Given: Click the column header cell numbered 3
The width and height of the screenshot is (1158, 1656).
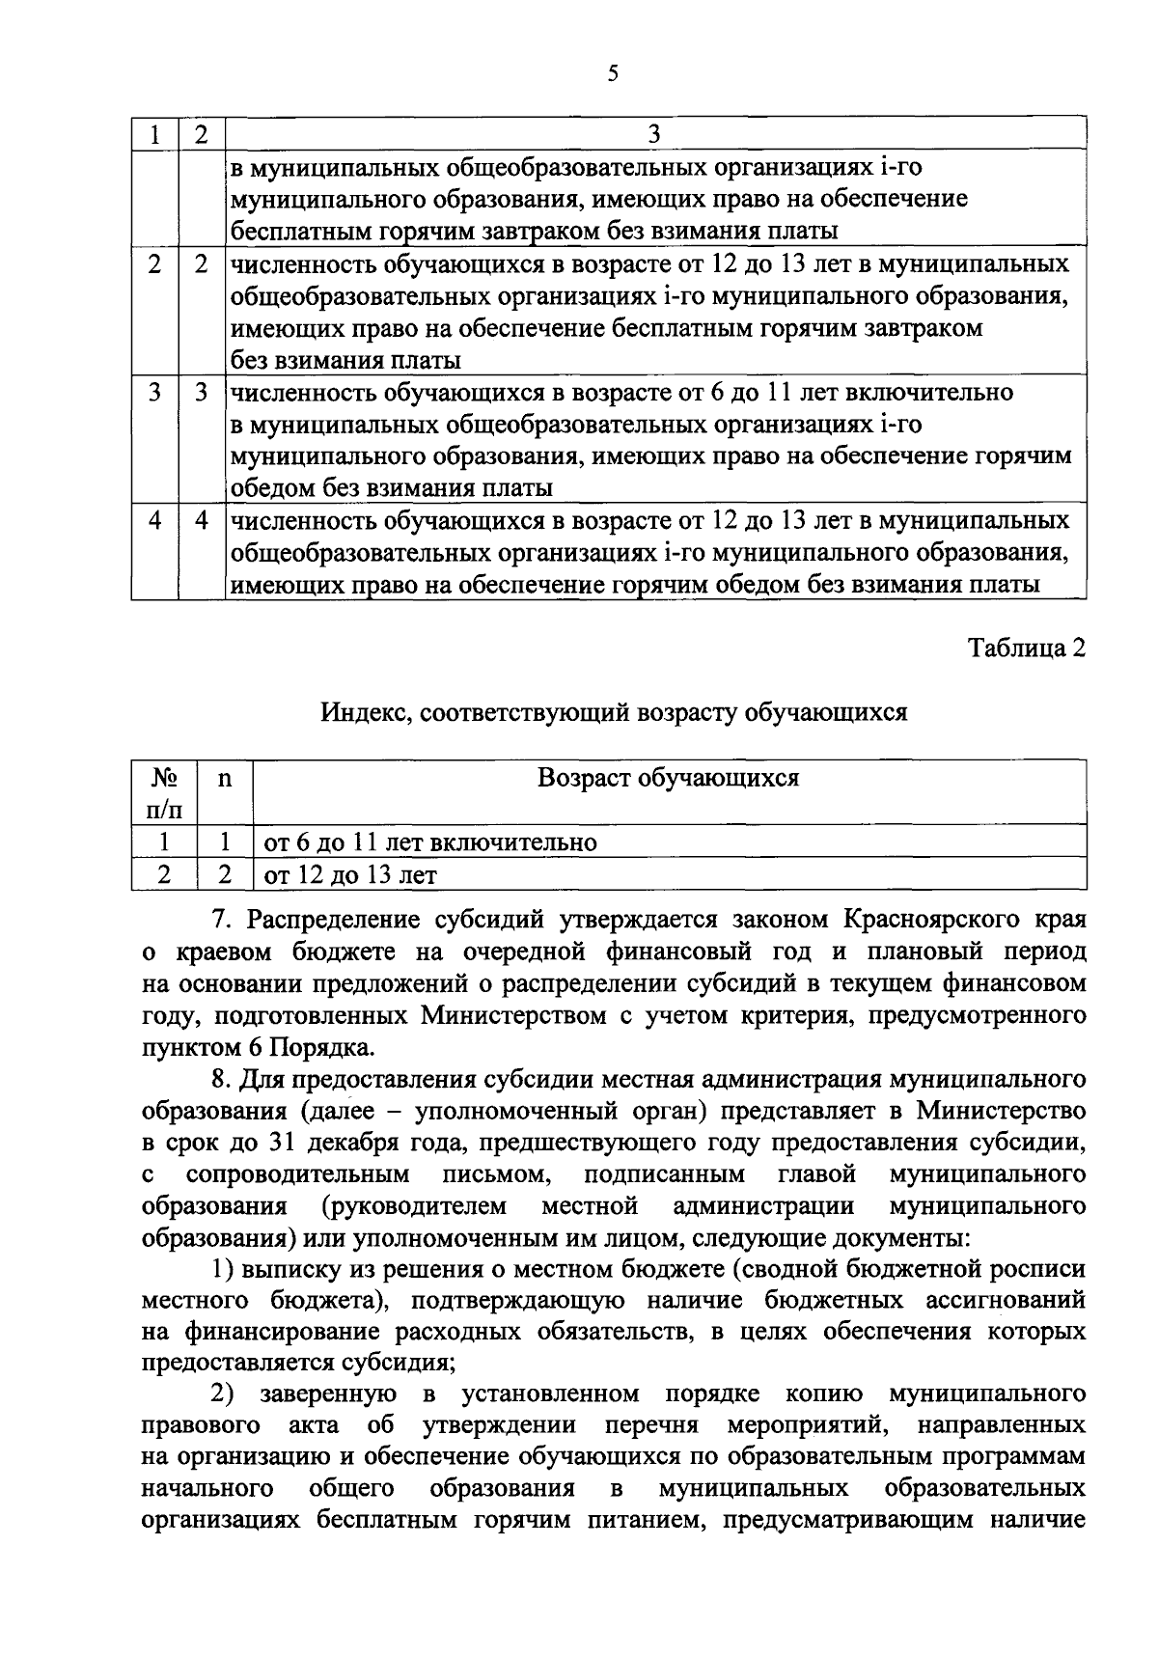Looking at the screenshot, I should pyautogui.click(x=654, y=134).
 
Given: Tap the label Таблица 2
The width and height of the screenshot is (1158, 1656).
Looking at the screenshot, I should pyautogui.click(x=1027, y=648).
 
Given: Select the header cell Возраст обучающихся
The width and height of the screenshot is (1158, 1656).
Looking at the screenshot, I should pyautogui.click(x=668, y=778).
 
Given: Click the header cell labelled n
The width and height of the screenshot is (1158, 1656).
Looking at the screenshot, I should pyautogui.click(x=225, y=778).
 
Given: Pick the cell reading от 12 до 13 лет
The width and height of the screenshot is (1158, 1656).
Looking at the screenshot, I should pyautogui.click(x=350, y=875).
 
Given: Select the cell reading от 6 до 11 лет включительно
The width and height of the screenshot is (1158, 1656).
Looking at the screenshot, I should pyautogui.click(x=430, y=842).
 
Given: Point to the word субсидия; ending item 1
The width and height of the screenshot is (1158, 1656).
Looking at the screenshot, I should pyautogui.click(x=396, y=1363).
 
